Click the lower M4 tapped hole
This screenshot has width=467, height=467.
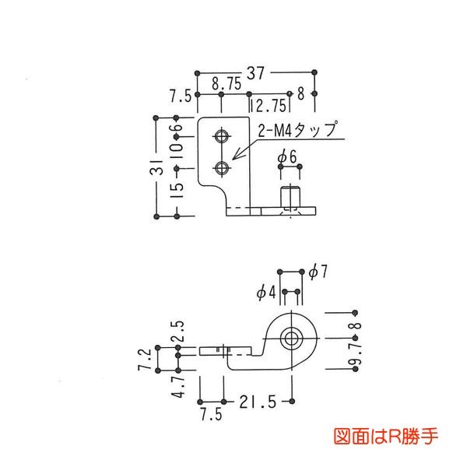click(x=223, y=167)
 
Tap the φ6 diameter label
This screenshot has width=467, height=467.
click(x=288, y=157)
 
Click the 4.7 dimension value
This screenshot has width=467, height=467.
click(x=178, y=384)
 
